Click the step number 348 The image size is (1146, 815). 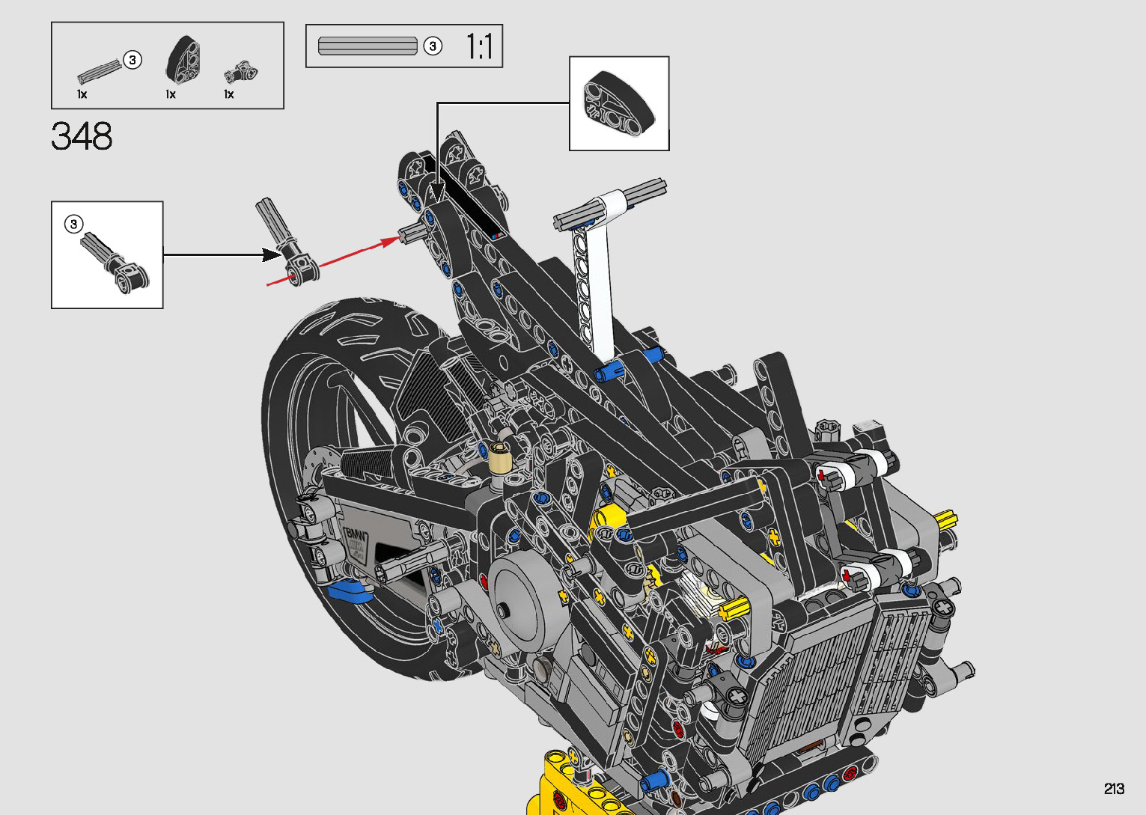point(82,136)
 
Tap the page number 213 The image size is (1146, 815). point(1114,788)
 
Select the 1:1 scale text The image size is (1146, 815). point(479,46)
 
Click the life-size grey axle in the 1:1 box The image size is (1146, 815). point(368,46)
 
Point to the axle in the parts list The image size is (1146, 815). point(100,72)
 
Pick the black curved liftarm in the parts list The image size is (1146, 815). point(183,59)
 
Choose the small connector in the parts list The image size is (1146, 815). point(240,73)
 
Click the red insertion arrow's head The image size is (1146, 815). point(392,241)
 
